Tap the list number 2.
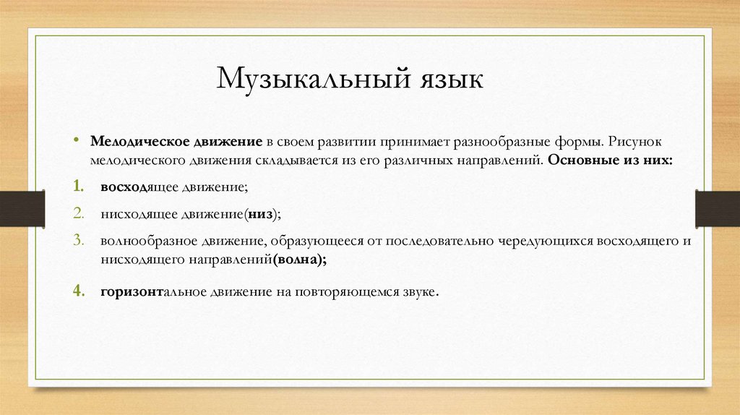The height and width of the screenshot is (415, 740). [x=77, y=214]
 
